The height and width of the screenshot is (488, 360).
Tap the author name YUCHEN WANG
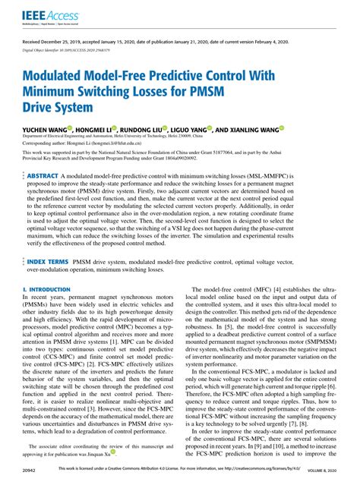[44, 130]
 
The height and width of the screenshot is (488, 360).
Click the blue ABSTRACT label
[43, 175]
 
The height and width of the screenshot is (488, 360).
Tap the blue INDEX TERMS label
[48, 239]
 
